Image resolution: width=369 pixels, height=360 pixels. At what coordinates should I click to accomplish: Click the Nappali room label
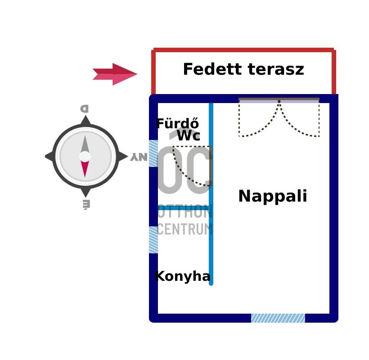pos(272,197)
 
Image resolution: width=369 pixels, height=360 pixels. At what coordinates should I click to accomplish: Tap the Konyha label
pos(182,276)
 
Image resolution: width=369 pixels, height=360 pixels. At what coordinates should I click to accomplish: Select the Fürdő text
pos(177,124)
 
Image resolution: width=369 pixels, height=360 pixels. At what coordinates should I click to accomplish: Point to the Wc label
pos(188,136)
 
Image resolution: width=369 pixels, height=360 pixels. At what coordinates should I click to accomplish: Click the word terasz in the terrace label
pos(275,70)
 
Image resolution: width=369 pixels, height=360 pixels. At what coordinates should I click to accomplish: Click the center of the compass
pos(85,157)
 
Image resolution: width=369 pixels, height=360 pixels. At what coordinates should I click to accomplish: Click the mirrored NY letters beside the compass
pos(139,157)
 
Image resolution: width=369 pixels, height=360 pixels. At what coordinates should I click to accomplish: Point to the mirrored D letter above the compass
pos(85,108)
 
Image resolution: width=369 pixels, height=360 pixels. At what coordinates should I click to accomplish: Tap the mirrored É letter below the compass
pos(85,205)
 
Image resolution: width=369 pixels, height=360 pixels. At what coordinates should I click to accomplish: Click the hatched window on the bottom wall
pos(278,318)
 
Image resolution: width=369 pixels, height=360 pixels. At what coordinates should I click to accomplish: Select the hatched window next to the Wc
pos(153,153)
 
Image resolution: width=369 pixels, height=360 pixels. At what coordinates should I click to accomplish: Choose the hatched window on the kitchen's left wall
pos(153,239)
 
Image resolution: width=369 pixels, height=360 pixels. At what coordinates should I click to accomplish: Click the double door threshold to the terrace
pos(279,100)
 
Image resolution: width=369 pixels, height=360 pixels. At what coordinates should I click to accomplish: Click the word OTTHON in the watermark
pos(184,212)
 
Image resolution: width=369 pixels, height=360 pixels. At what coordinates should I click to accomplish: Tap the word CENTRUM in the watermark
pos(184,229)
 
